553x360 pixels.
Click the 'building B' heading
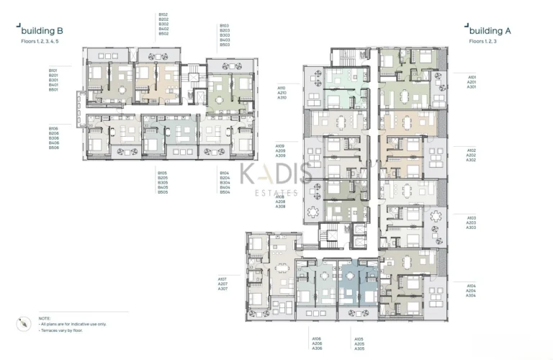pyautogui.click(x=43, y=30)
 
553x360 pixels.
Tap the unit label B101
pyautogui.click(x=53, y=71)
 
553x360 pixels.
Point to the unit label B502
pyautogui.click(x=163, y=34)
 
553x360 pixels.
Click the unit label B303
pyautogui.click(x=225, y=35)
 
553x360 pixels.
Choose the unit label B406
pyautogui.click(x=53, y=143)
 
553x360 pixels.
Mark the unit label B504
pyautogui.click(x=225, y=192)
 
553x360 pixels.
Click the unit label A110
pyautogui.click(x=282, y=88)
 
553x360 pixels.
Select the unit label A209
pyautogui.click(x=280, y=150)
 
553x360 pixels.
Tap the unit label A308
pyautogui.click(x=280, y=207)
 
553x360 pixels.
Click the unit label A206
pyautogui.click(x=316, y=343)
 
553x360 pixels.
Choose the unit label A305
pyautogui.click(x=359, y=348)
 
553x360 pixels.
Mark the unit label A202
pyautogui.click(x=471, y=155)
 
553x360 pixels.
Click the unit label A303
pyautogui.click(x=472, y=228)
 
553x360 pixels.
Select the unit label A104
pyautogui.click(x=470, y=285)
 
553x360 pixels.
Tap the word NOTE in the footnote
pyautogui.click(x=45, y=318)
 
